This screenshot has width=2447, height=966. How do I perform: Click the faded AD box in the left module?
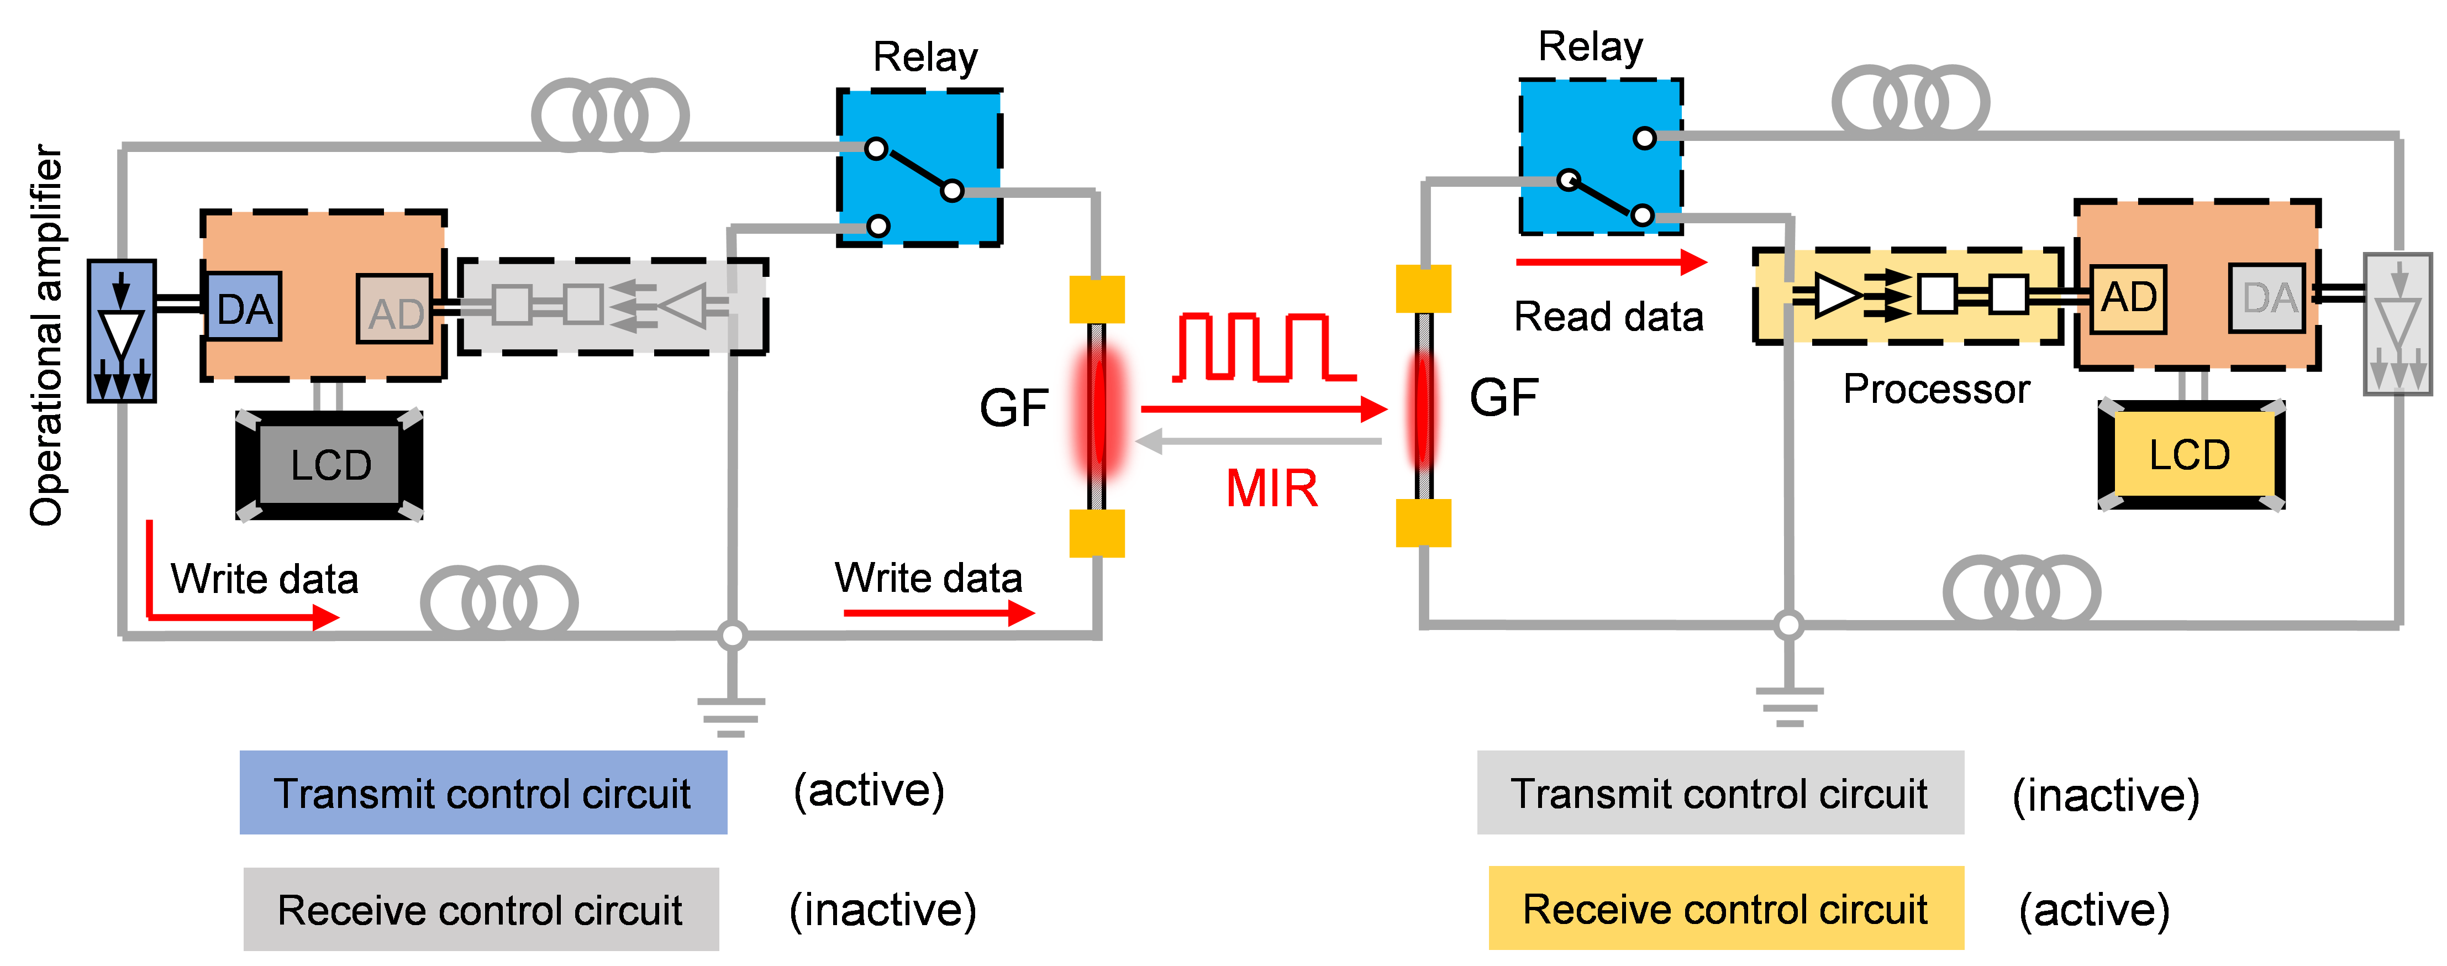coord(394,309)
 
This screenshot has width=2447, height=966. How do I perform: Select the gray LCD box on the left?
coord(330,464)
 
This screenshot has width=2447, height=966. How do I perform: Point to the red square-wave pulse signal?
coord(1264,347)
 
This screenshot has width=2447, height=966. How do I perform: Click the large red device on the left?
coord(1099,413)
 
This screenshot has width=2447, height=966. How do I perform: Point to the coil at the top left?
coord(610,116)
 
